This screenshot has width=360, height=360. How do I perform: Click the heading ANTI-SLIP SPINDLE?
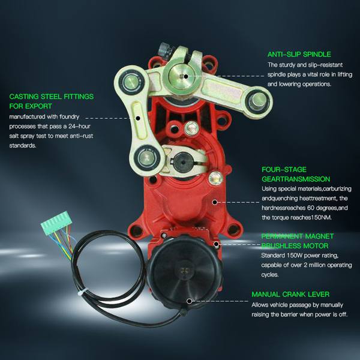[299, 54]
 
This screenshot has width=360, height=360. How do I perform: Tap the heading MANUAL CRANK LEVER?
[290, 294]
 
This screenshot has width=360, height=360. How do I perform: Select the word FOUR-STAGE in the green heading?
[284, 169]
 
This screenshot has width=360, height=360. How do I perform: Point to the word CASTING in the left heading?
[24, 97]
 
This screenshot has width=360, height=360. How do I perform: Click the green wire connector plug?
[56, 223]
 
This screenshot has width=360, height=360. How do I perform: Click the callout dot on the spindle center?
[186, 76]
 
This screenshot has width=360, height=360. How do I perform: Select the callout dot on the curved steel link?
[138, 118]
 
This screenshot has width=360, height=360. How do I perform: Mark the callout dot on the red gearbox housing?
[215, 202]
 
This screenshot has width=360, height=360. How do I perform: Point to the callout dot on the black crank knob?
[189, 301]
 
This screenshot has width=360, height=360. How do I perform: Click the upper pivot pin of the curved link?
[131, 82]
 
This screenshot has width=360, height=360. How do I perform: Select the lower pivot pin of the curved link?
[147, 158]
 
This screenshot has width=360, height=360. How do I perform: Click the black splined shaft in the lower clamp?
[183, 163]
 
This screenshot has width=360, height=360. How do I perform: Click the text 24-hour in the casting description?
[79, 126]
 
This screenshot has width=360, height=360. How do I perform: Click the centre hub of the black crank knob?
[185, 270]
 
